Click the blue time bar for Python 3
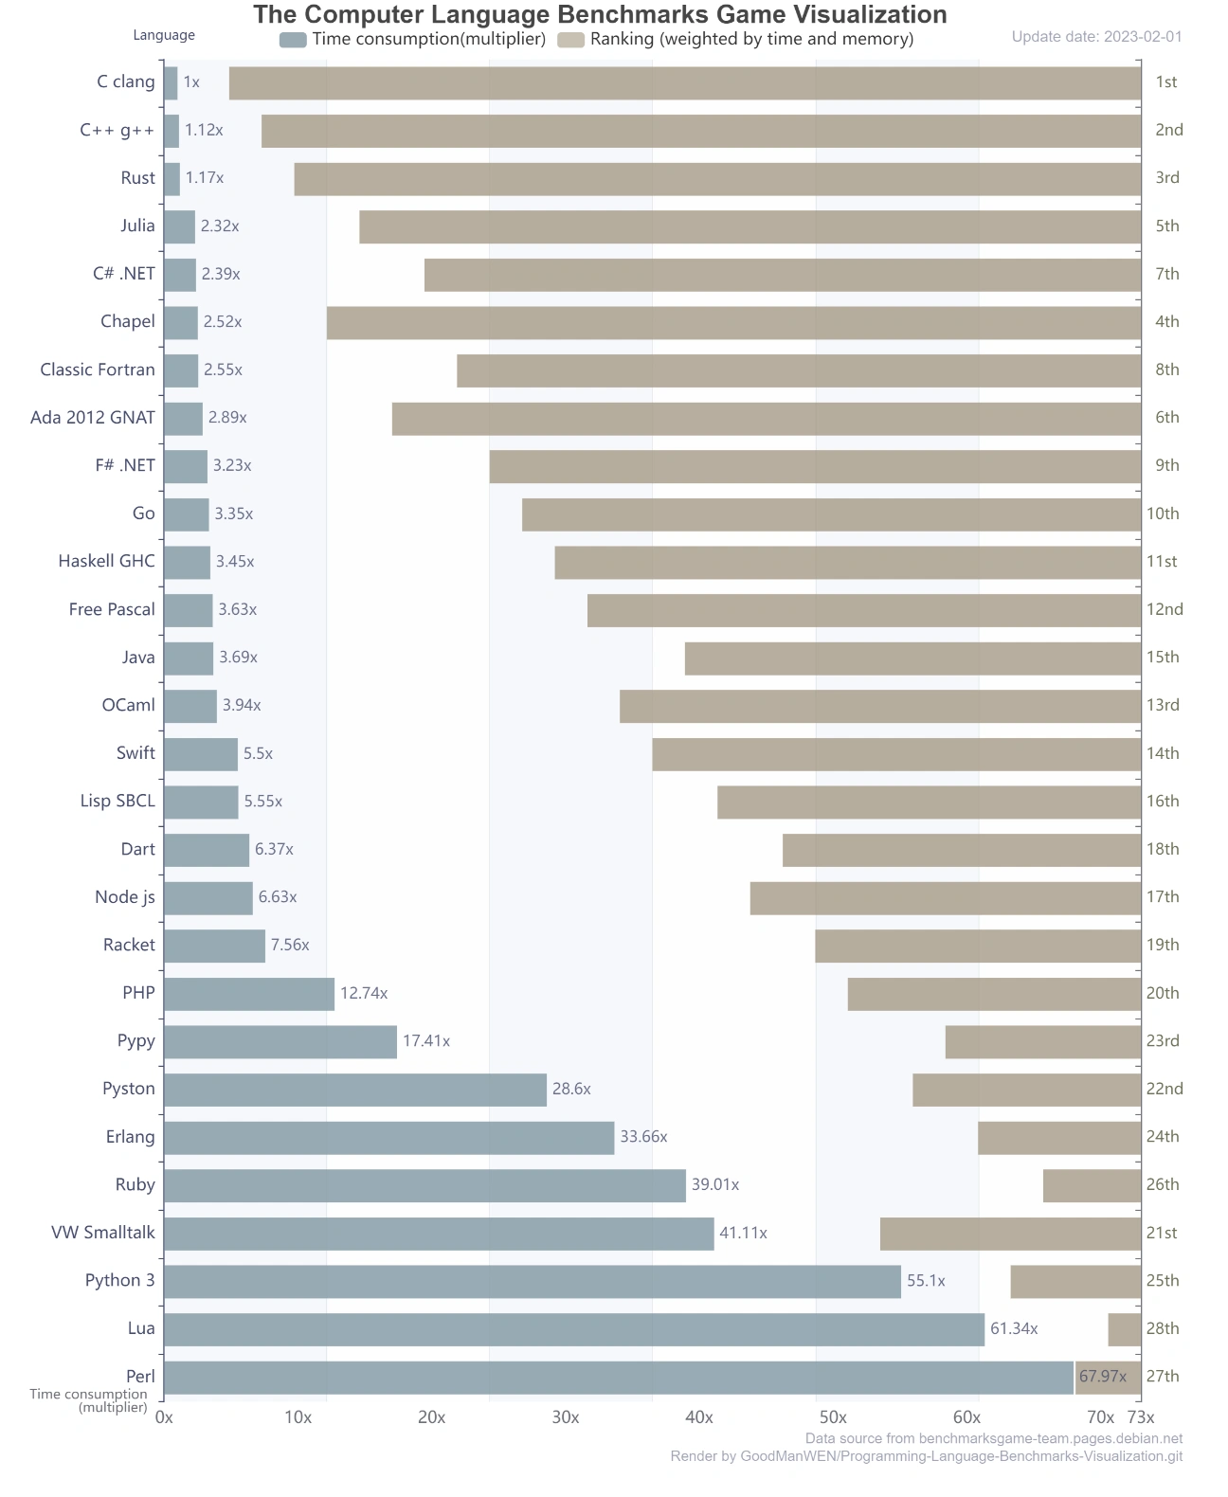pos(532,1281)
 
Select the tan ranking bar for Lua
pos(1124,1329)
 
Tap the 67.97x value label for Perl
pos(1103,1377)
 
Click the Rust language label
pos(137,178)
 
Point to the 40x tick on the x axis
pos(699,1417)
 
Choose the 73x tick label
pos(1141,1417)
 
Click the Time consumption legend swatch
pos(293,40)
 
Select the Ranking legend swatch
pos(570,40)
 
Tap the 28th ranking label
pos(1163,1328)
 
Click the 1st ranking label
pos(1165,82)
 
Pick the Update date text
pos(1096,37)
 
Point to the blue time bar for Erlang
pos(388,1137)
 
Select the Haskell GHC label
pos(106,561)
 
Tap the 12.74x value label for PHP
pos(364,993)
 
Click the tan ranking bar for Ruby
pos(1092,1185)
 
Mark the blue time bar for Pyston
pos(355,1090)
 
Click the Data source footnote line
pos(993,1438)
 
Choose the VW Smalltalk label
pos(103,1233)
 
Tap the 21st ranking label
pos(1162,1233)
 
